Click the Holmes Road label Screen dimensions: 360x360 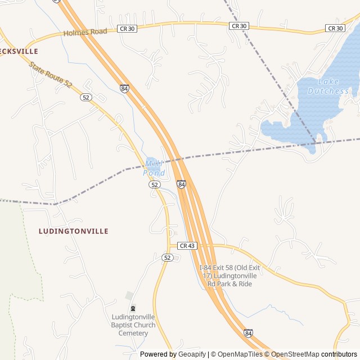point(85,32)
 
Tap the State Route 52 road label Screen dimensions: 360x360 point(51,75)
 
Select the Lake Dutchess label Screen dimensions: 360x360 point(328,86)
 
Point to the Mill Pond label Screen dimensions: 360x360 point(155,168)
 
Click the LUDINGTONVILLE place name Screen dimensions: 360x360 point(74,231)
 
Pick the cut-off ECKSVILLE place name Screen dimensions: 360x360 point(19,51)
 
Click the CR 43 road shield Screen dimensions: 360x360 point(187,246)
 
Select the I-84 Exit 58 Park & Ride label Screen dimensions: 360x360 point(229,276)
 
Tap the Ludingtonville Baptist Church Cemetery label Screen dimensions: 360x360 point(133,325)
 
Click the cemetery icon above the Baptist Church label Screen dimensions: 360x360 point(133,308)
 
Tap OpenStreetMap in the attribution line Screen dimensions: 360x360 point(295,354)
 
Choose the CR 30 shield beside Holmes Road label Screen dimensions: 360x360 point(127,28)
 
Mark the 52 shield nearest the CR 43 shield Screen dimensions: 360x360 point(167,257)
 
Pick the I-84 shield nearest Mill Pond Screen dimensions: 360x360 point(181,184)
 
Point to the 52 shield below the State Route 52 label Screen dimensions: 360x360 point(85,97)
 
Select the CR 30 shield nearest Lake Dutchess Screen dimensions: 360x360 point(335,28)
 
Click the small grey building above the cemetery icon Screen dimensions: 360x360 point(130,295)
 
